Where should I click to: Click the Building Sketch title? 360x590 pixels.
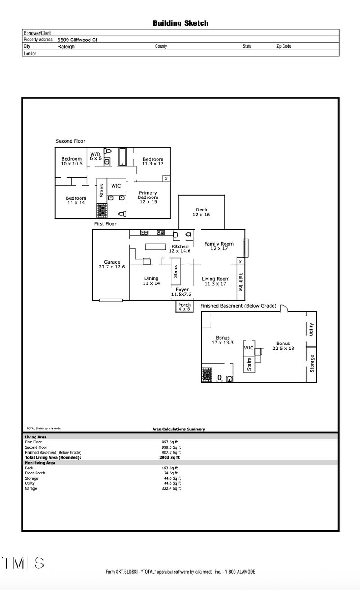(x=180, y=23)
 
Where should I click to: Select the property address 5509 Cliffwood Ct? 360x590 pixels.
(x=77, y=40)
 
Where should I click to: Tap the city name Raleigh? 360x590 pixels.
(x=66, y=46)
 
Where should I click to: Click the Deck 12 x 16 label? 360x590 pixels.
(x=202, y=212)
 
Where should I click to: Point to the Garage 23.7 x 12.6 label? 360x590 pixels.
(x=112, y=264)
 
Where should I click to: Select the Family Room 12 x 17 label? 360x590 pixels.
(x=219, y=246)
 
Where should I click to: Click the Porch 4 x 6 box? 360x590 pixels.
(x=184, y=307)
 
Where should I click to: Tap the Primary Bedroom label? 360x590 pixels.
(x=148, y=195)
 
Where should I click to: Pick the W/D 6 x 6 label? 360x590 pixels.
(x=96, y=156)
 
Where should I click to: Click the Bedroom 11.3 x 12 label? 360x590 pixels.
(x=153, y=161)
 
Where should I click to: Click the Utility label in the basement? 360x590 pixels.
(x=311, y=330)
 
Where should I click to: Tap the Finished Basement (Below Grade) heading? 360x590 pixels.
(x=238, y=306)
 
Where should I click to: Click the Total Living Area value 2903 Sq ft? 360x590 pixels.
(x=169, y=457)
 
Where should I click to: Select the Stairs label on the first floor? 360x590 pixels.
(x=175, y=272)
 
